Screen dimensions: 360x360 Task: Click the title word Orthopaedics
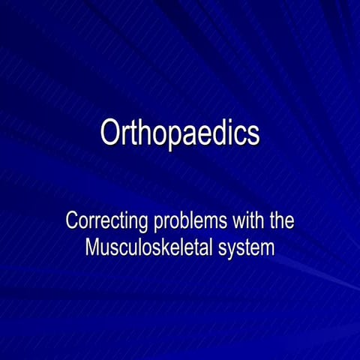coord(180,133)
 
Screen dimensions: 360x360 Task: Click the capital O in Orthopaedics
coord(110,133)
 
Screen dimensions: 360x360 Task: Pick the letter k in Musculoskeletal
coord(151,247)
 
